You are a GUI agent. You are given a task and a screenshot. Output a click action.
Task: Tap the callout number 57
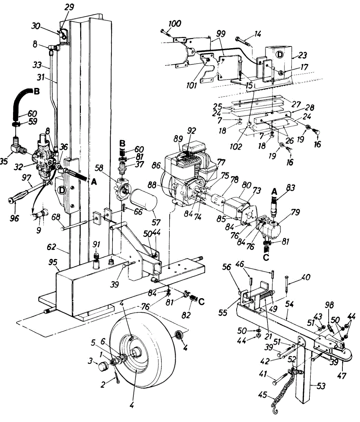(x=156, y=222)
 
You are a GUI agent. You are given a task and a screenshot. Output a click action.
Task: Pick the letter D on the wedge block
(x=280, y=55)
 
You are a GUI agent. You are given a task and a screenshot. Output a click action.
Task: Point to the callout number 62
(x=51, y=247)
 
